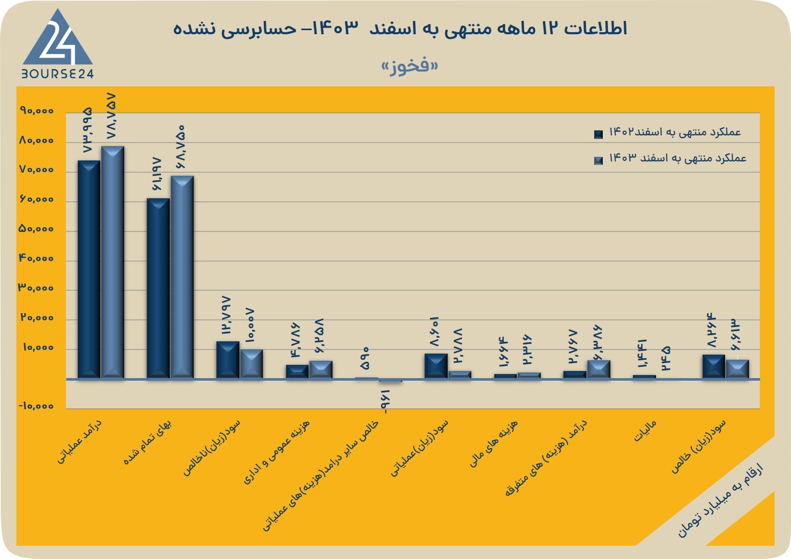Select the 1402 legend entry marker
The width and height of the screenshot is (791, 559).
tap(598, 134)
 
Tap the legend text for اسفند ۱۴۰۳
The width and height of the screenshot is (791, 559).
tap(678, 158)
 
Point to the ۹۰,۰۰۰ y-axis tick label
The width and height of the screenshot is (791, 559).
tap(37, 111)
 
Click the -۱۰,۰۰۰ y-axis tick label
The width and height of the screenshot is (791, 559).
tap(36, 406)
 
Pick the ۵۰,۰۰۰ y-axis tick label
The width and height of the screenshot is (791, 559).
tap(36, 229)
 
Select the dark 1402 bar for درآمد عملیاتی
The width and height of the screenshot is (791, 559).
tap(88, 270)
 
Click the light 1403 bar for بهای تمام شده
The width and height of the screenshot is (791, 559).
tap(182, 277)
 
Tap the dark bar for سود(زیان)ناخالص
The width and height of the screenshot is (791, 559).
tap(228, 360)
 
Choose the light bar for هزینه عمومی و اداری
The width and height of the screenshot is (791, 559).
tap(321, 369)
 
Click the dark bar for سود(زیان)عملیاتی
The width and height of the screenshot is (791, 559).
tap(436, 366)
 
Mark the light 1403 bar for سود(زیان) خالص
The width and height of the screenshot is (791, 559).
tap(737, 369)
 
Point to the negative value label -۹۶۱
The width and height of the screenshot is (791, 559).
tap(385, 402)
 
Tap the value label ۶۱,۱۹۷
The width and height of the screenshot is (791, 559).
tap(157, 174)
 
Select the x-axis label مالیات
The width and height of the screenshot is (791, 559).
tap(645, 431)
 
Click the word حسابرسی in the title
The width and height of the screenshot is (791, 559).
tap(260, 29)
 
